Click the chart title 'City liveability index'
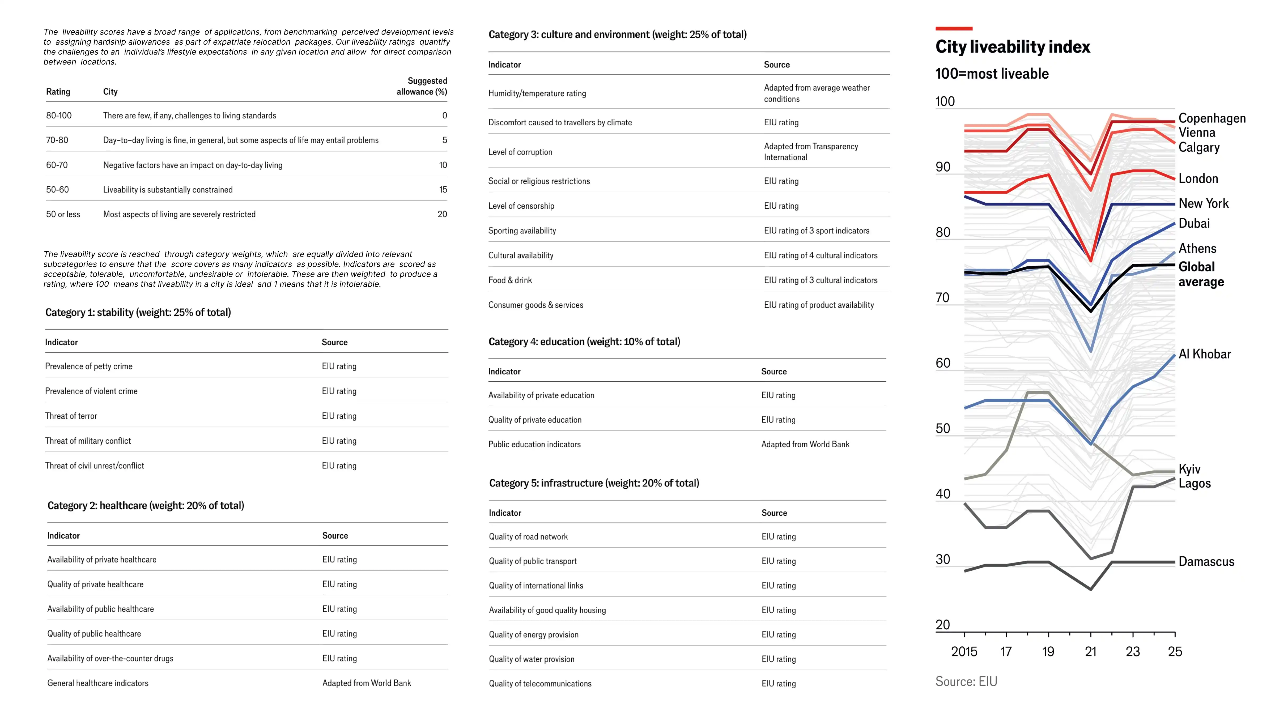pyautogui.click(x=1012, y=47)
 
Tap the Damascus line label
pyautogui.click(x=1206, y=562)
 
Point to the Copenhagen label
pyautogui.click(x=1212, y=118)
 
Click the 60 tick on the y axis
pyautogui.click(x=943, y=363)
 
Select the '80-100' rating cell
pyautogui.click(x=59, y=115)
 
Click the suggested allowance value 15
pyautogui.click(x=443, y=190)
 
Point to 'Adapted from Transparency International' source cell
pyautogui.click(x=811, y=152)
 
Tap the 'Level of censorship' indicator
pyautogui.click(x=521, y=206)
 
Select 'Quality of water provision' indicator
pyautogui.click(x=532, y=659)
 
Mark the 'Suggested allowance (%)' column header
pyautogui.click(x=422, y=86)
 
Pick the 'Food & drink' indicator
pyautogui.click(x=510, y=280)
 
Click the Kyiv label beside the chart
pyautogui.click(x=1189, y=469)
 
